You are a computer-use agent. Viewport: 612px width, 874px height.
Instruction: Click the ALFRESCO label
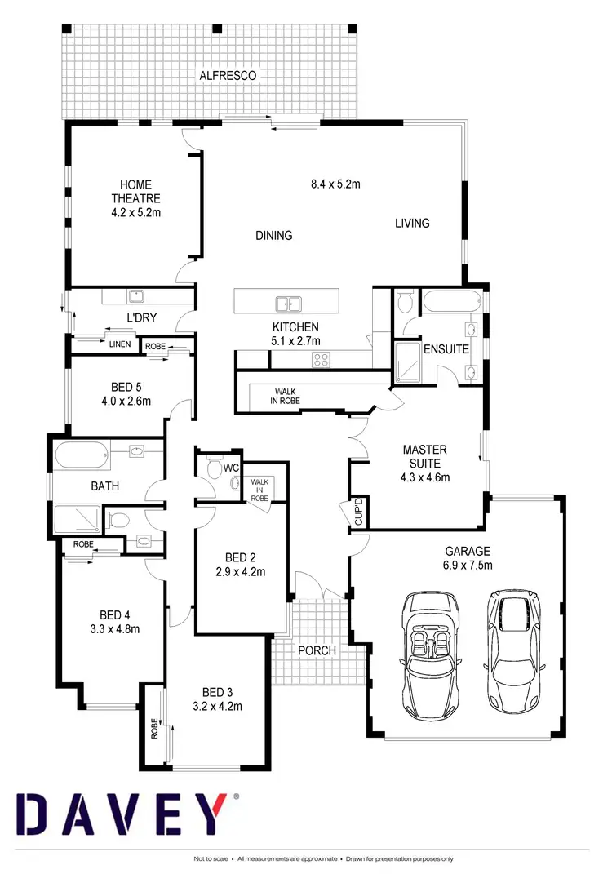pos(228,75)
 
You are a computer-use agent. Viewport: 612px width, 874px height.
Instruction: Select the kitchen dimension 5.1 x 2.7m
pos(295,340)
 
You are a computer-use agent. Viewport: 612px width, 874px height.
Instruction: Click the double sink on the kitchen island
pos(286,304)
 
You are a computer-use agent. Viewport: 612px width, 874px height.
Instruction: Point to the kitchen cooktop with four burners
pos(320,357)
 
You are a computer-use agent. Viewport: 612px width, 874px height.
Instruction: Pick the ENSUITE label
pos(446,349)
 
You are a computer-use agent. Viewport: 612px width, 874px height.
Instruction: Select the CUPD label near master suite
pos(357,512)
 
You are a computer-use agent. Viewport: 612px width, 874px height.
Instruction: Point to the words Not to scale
pos(211,859)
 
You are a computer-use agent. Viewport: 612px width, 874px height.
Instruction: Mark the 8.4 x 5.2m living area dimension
pos(335,184)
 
